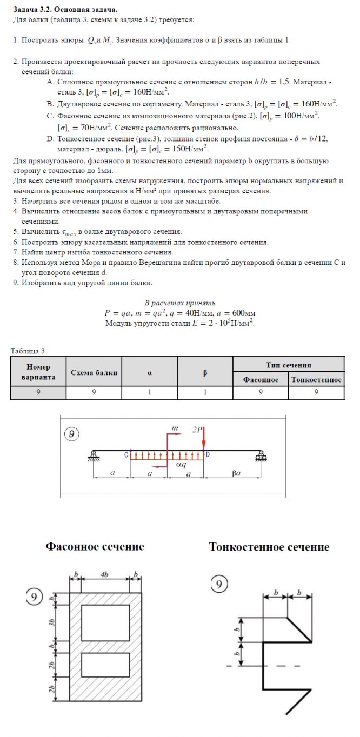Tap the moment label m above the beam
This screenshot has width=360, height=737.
click(175, 428)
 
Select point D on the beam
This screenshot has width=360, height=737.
click(208, 455)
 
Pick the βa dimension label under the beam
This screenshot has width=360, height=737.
click(235, 474)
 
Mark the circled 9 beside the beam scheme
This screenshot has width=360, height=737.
click(71, 433)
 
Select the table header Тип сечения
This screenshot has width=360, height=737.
click(288, 365)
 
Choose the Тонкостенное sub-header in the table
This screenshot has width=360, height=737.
click(316, 380)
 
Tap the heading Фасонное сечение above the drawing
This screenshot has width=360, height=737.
click(95, 547)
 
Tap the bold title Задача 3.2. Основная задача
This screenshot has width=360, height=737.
click(64, 10)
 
